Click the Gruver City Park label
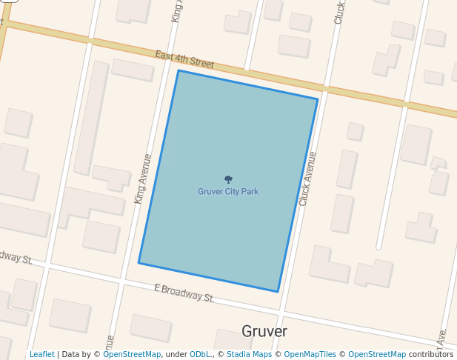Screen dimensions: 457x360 [x=228, y=192]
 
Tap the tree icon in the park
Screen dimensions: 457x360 [x=228, y=180]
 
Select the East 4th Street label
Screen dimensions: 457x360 [x=184, y=60]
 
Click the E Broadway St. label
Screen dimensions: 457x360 [x=184, y=293]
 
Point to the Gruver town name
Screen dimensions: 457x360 [x=264, y=331]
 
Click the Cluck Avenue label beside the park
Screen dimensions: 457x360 [x=307, y=179]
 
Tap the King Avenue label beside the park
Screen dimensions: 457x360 [x=143, y=179]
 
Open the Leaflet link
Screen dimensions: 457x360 [x=41, y=355]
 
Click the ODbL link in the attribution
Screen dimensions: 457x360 [x=200, y=355]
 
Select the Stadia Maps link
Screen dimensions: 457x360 [x=249, y=355]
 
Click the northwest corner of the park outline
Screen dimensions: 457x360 [x=179, y=71]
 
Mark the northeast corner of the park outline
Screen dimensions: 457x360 [x=318, y=99]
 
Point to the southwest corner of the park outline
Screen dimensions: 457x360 [x=139, y=262]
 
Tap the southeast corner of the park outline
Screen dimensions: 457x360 [x=278, y=291]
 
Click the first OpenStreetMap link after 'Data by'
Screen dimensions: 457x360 [x=132, y=355]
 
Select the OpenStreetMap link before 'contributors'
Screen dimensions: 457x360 [x=377, y=355]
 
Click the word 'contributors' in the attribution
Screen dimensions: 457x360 [x=431, y=355]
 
